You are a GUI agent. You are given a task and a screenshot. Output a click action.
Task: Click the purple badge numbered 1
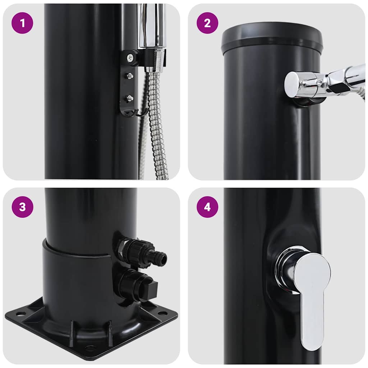[x=22, y=23]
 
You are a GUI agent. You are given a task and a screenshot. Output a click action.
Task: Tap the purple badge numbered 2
[x=207, y=23]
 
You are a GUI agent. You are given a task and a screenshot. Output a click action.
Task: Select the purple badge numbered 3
[x=22, y=207]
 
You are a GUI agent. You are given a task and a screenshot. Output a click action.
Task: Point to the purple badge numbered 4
[x=207, y=207]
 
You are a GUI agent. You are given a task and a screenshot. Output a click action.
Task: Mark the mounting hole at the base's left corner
[x=21, y=314]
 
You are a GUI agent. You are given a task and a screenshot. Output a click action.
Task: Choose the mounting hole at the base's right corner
[x=162, y=313]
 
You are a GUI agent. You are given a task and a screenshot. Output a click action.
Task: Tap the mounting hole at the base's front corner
[x=90, y=348]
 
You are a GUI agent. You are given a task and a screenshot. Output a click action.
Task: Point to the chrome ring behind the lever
[x=284, y=268]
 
